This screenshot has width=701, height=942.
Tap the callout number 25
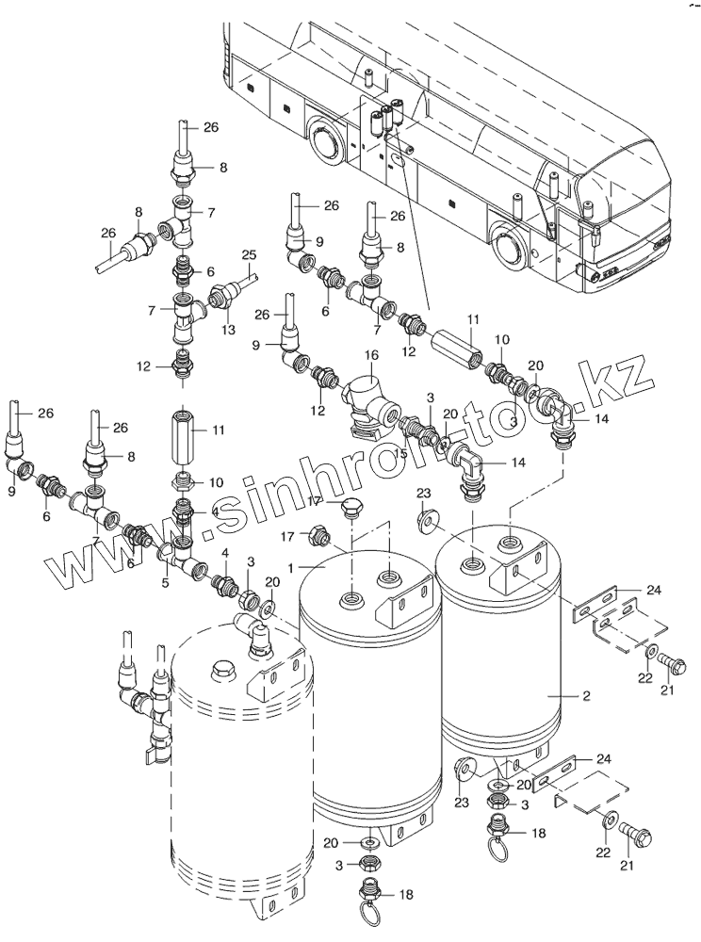coord(249,255)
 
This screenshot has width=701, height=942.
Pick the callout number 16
coord(371,355)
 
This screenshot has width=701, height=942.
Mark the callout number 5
coord(165,583)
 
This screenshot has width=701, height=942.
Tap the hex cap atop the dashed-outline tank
coord(223,671)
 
